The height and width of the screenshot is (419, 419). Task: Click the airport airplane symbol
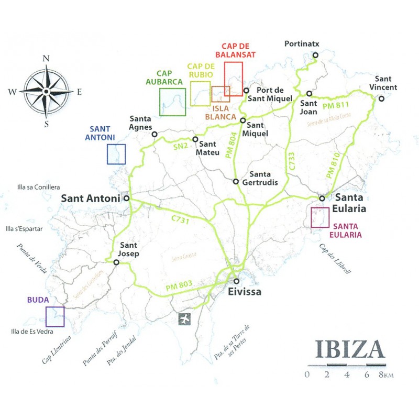pos(184,319)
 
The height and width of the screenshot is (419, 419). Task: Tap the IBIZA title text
pos(350,349)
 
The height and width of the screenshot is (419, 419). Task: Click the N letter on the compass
pos(46,59)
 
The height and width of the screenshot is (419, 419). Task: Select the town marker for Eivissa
pos(237,281)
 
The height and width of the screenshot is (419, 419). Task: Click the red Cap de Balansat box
pos(233,78)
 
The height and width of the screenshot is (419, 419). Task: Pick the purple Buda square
pos(55,316)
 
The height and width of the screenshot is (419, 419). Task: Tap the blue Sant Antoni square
pos(116,154)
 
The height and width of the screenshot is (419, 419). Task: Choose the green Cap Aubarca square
pos(172,102)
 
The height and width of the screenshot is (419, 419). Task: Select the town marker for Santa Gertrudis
pos(236,182)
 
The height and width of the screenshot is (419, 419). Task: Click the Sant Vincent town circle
pos(381,98)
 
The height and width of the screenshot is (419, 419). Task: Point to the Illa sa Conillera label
pos(39,186)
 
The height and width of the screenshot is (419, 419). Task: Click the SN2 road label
pos(180,147)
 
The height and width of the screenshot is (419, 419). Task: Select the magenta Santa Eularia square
pos(320,218)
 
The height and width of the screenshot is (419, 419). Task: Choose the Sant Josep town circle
pos(116,262)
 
